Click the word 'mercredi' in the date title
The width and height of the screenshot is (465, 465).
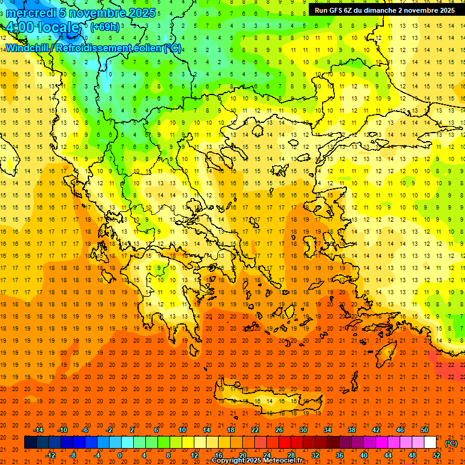click(x=30, y=13)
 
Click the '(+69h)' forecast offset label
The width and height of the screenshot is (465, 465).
click(x=105, y=27)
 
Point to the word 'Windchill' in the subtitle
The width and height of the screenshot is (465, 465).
click(x=28, y=48)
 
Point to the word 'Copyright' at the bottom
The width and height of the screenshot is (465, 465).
click(x=228, y=461)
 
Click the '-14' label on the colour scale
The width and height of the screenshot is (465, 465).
click(x=39, y=429)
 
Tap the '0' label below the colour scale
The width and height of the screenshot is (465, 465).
click(x=120, y=455)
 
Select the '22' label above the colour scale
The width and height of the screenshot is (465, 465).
click(x=255, y=429)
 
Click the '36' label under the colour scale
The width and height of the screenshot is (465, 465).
click(x=340, y=455)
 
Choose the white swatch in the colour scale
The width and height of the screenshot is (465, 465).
click(x=430, y=443)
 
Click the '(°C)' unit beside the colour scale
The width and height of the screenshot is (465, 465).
click(x=451, y=443)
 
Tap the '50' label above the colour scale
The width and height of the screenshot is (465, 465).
click(x=424, y=429)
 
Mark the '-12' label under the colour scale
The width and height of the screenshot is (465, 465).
click(x=51, y=455)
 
